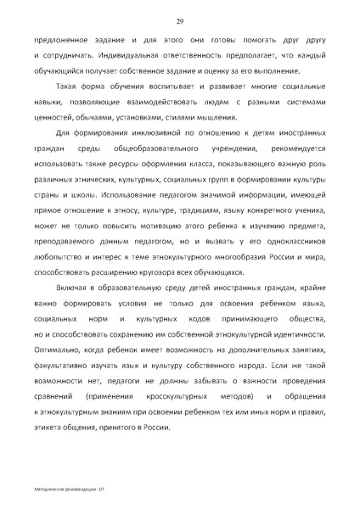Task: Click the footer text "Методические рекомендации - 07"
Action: pyautogui.click(x=69, y=490)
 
